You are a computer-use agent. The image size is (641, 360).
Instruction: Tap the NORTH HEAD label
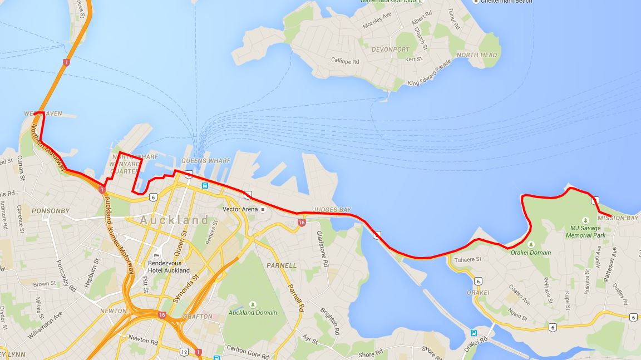coord(477,55)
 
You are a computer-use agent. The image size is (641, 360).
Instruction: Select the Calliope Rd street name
coord(345,61)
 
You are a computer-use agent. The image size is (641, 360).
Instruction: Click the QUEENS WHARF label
coord(206,161)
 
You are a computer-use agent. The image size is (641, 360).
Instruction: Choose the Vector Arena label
coord(240,209)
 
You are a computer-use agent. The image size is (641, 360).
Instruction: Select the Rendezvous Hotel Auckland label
coord(169,267)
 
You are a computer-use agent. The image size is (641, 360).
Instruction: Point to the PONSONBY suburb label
coord(51,211)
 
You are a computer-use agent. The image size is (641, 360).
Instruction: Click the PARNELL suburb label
coord(282,265)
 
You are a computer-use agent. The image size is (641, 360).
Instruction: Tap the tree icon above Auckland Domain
coord(253,304)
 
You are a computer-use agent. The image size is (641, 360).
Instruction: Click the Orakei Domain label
coord(531,253)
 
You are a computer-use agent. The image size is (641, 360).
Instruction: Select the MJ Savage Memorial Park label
coord(585,231)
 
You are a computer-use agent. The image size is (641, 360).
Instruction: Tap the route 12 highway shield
coord(184,351)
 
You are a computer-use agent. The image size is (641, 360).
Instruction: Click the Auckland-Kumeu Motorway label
coord(120,236)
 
